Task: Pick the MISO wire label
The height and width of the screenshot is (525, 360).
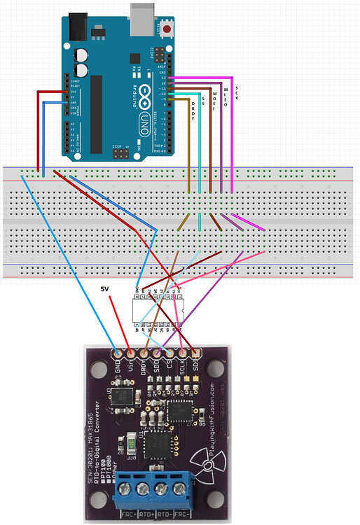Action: [226, 92]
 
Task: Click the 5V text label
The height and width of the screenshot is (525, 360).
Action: [104, 288]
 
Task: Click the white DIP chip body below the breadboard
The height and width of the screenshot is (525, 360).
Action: [158, 309]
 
